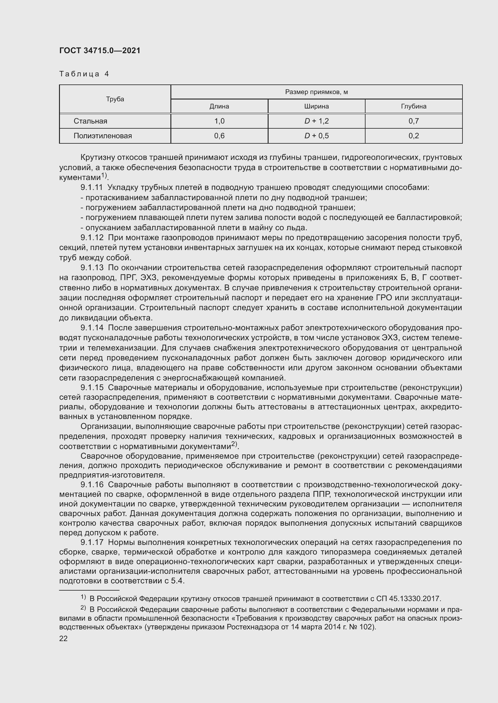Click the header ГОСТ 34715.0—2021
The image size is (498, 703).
click(x=100, y=50)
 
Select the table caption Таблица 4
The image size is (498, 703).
click(x=84, y=74)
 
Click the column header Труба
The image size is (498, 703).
click(x=115, y=99)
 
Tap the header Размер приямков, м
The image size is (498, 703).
click(x=316, y=92)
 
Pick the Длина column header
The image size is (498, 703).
click(x=219, y=106)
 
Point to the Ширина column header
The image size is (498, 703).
click(x=316, y=106)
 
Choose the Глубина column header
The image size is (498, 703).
click(x=413, y=106)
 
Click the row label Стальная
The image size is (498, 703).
click(x=90, y=121)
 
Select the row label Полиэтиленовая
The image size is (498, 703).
click(x=102, y=136)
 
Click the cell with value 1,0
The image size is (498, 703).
click(x=219, y=121)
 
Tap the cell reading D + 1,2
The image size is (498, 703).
click(x=316, y=121)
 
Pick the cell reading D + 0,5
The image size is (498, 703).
click(x=316, y=136)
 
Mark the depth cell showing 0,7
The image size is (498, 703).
click(x=413, y=121)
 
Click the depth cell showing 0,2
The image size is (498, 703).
click(x=413, y=136)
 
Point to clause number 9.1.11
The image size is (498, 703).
click(x=92, y=187)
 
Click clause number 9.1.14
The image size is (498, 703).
click(x=92, y=328)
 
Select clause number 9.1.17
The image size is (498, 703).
click(x=92, y=543)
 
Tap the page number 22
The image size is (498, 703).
click(x=63, y=639)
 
